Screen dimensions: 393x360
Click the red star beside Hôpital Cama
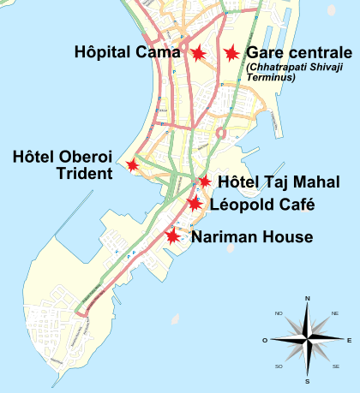click(x=198, y=53)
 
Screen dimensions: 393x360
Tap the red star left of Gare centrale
click(x=230, y=53)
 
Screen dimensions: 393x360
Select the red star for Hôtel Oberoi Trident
click(x=132, y=164)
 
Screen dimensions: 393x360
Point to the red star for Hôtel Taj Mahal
click(x=204, y=181)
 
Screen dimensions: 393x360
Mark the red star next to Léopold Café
click(x=195, y=203)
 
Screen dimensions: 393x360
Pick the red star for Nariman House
click(x=173, y=235)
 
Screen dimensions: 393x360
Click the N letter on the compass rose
click(x=308, y=299)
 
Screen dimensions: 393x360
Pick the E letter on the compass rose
click(x=349, y=340)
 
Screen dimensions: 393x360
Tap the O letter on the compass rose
click(x=266, y=340)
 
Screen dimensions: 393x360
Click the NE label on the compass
click(x=334, y=314)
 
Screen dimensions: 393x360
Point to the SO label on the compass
click(x=279, y=366)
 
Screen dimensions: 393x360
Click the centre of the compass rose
click(x=308, y=340)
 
